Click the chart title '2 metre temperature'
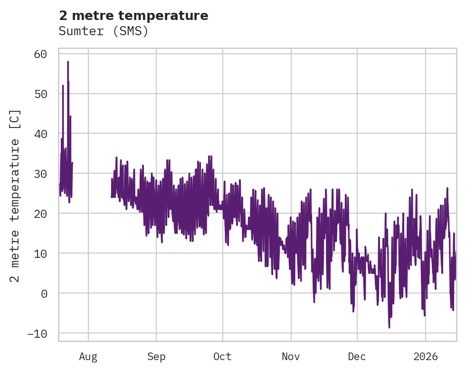pos(133,16)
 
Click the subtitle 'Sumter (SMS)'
pos(104,31)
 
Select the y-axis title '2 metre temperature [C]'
pos(15,196)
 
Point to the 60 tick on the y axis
pos(40,54)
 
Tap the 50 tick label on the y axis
pos(40,94)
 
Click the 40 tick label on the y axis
pos(40,134)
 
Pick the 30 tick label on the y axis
pos(40,174)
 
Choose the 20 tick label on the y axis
pos(40,214)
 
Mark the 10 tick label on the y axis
pos(40,254)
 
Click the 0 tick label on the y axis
pos(44,294)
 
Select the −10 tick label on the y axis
pos(37,333)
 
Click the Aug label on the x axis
pos(88,356)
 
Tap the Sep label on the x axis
pos(156,356)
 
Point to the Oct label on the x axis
pos(222,356)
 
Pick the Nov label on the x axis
pos(291,356)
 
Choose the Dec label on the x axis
pos(357,356)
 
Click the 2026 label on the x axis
pos(426,356)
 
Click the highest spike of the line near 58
pos(68,62)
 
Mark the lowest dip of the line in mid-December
pos(389,327)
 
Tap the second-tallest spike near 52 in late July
pos(63,86)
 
